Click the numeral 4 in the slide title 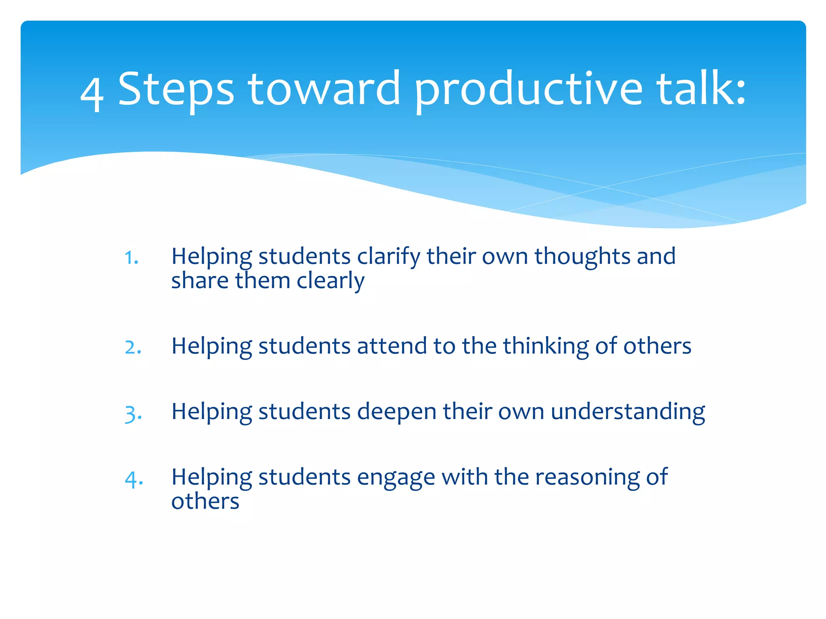coord(92,93)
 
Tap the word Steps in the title coord(175,89)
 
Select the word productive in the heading coord(528,89)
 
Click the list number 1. coord(131,258)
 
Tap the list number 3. coord(133,413)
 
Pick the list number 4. coord(133,479)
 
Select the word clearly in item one coord(330,281)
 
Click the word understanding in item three coord(628,412)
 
